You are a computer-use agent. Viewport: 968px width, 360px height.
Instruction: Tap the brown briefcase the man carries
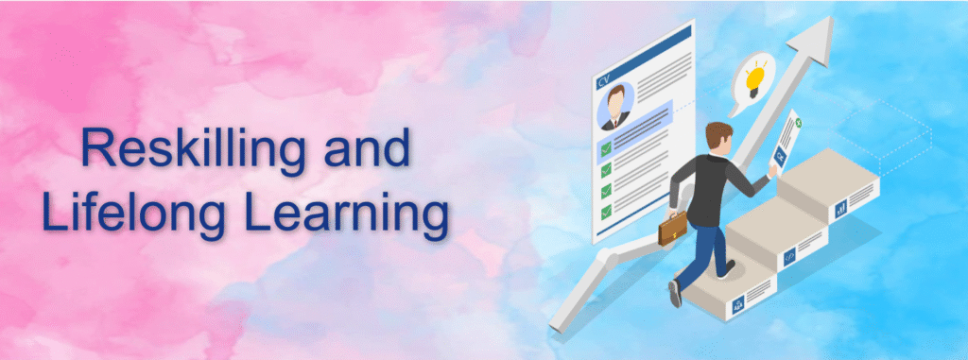[672, 228]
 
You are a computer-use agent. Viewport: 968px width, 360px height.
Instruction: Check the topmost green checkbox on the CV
[605, 146]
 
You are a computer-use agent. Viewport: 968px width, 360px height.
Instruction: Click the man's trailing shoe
[675, 294]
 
